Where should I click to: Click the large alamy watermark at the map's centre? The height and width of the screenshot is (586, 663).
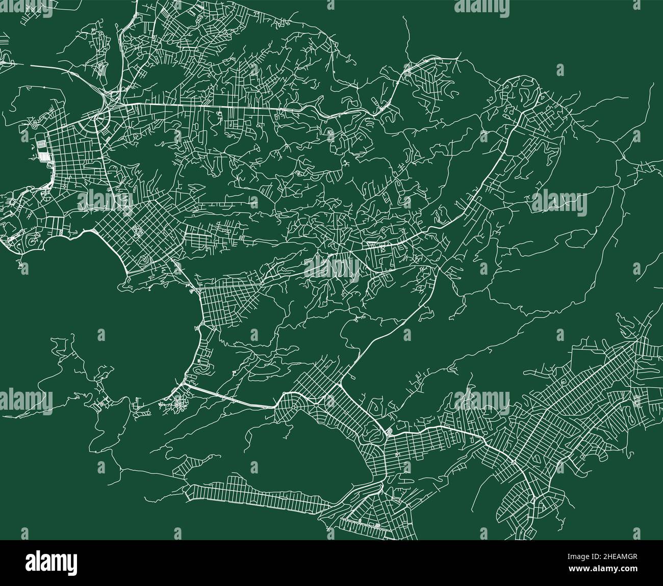click(331, 267)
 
